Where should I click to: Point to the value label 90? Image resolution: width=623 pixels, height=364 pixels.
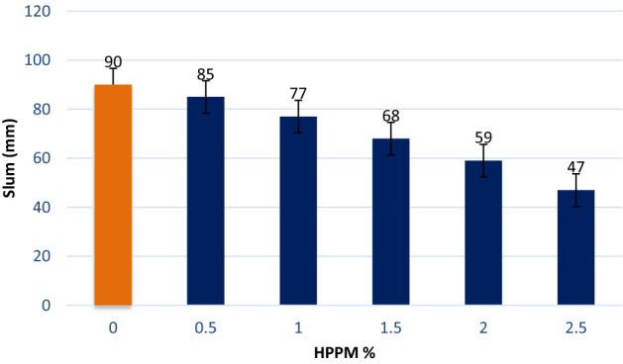(x=112, y=62)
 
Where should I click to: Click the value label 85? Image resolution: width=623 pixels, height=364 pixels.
(x=205, y=74)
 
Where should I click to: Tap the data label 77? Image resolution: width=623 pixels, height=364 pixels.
(x=298, y=94)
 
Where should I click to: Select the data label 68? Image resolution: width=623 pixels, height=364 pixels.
(x=391, y=116)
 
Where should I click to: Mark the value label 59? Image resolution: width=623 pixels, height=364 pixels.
(x=483, y=137)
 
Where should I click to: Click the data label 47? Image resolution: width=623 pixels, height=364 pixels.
(x=576, y=167)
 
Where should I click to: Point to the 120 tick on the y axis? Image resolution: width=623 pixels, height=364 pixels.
(x=41, y=12)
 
